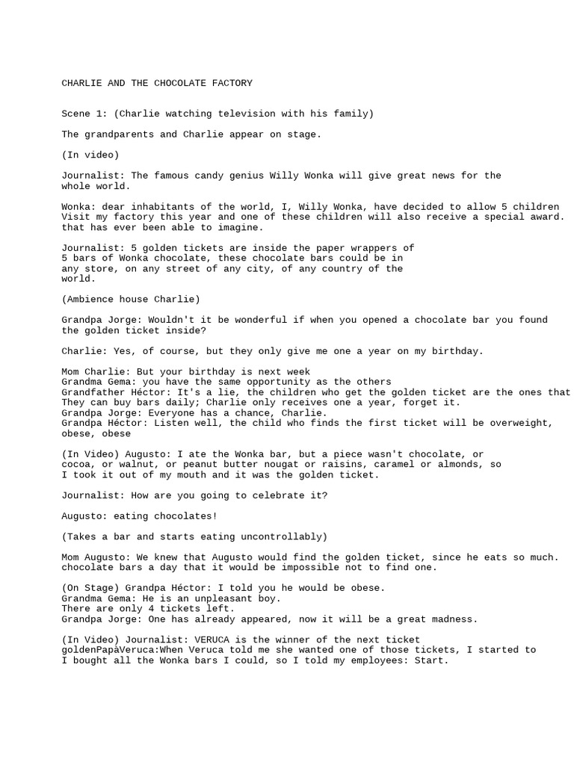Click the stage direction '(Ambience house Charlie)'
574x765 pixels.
131,299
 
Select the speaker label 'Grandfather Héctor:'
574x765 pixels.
114,392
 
